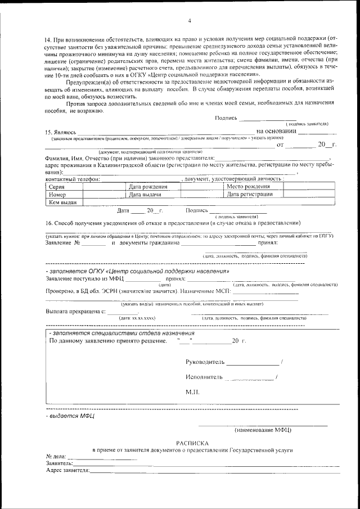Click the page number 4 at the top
(190, 21)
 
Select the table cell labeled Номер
(58, 195)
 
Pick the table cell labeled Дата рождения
(148, 187)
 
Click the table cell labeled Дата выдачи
(145, 195)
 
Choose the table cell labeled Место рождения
(247, 187)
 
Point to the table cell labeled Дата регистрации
(250, 195)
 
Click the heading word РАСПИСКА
(192, 443)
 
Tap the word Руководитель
(205, 361)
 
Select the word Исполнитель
(204, 377)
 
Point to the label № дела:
(56, 456)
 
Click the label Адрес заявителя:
(67, 470)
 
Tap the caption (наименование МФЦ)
(262, 430)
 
